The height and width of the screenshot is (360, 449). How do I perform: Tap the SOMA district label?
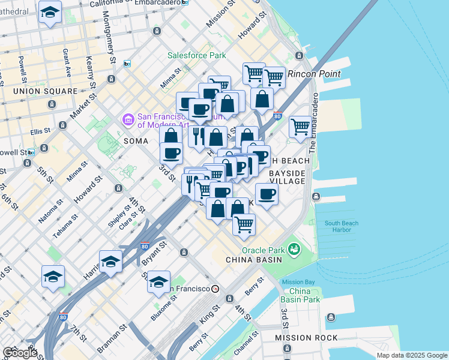pyautogui.click(x=135, y=140)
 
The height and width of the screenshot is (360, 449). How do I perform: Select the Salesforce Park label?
pyautogui.click(x=196, y=55)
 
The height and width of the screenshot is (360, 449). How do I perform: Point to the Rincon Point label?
pyautogui.click(x=314, y=74)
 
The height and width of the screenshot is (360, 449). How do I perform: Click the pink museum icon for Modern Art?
pyautogui.click(x=127, y=120)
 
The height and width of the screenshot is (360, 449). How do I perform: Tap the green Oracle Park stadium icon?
pyautogui.click(x=294, y=248)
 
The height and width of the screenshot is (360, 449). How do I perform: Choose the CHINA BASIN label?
pyautogui.click(x=250, y=259)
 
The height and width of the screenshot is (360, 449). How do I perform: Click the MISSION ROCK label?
pyautogui.click(x=303, y=338)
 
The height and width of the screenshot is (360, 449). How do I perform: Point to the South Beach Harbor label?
pyautogui.click(x=342, y=227)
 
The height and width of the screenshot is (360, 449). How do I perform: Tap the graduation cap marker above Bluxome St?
pyautogui.click(x=159, y=281)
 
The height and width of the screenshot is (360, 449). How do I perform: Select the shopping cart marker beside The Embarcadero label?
pyautogui.click(x=300, y=127)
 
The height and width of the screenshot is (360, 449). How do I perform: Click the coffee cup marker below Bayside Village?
pyautogui.click(x=267, y=194)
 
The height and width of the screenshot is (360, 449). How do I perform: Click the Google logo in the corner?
pyautogui.click(x=20, y=353)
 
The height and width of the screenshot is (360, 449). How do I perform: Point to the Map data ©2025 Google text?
pyautogui.click(x=411, y=355)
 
